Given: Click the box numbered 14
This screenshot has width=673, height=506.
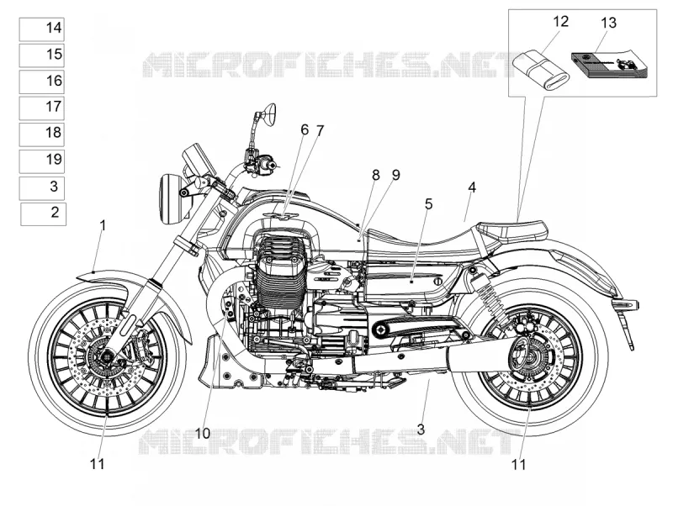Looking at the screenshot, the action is coord(41,29).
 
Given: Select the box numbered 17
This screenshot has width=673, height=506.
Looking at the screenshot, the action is coord(41,108).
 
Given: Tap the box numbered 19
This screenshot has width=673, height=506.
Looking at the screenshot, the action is coord(41,161).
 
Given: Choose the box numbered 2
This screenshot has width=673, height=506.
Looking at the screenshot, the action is coord(44,214).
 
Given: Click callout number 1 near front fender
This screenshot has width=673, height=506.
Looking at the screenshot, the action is coord(102,226).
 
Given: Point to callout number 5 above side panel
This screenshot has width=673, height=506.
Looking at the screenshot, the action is coord(428,204).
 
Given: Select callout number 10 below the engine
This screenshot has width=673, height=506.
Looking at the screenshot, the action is coord(203,434).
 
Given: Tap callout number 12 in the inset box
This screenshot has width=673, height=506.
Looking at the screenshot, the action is coord(560,21).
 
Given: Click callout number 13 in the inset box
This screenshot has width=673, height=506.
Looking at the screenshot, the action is coord(608,23).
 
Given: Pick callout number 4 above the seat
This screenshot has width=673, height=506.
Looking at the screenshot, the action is coord(472,187).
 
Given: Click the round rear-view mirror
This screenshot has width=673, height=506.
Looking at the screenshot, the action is coord(269,114).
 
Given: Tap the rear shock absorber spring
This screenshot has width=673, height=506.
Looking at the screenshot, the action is coord(485,294).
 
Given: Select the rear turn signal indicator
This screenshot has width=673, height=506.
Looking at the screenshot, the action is coord(627,304).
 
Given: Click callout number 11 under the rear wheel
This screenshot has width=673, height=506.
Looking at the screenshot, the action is coord(519,464).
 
